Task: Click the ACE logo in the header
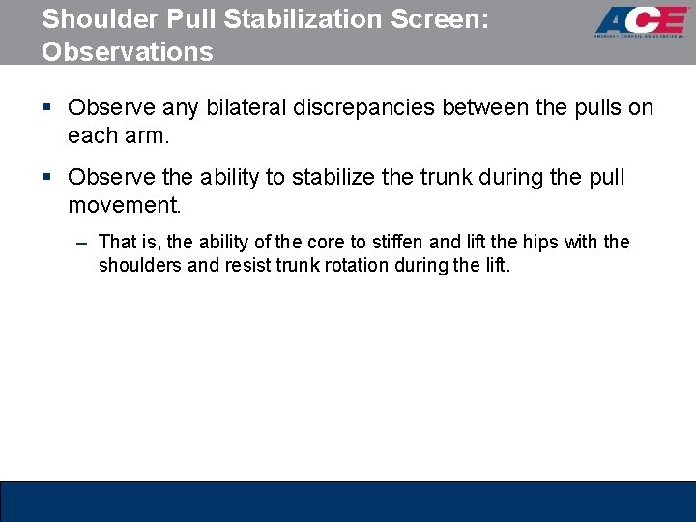642,21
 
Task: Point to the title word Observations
127,51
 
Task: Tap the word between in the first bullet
495,107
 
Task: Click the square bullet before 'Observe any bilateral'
46,107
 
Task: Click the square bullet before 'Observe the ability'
46,178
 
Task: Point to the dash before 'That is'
82,242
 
